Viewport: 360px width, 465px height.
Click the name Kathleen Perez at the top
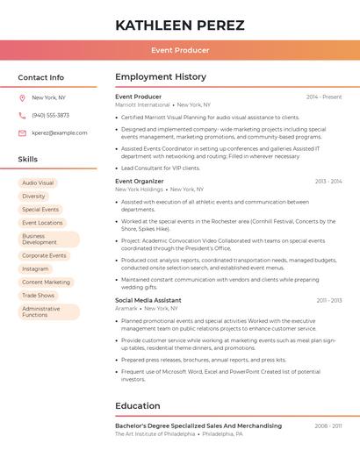click(x=180, y=25)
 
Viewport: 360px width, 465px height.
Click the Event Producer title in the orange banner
click(x=179, y=50)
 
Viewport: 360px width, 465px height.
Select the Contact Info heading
click(x=41, y=77)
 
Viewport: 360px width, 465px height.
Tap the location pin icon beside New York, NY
click(x=22, y=97)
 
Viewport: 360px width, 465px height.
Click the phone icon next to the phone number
click(x=22, y=115)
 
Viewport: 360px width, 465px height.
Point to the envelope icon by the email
click(x=22, y=133)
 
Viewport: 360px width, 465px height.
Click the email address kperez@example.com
click(x=60, y=133)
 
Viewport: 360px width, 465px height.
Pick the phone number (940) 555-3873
click(x=50, y=115)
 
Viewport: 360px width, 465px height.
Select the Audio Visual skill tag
click(x=38, y=183)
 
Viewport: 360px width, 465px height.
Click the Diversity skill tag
click(x=33, y=197)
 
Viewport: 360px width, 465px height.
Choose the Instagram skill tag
click(x=35, y=268)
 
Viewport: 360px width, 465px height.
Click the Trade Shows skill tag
click(x=38, y=296)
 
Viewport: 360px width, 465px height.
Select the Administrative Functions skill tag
click(x=41, y=311)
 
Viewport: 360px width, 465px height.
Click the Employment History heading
click(x=161, y=77)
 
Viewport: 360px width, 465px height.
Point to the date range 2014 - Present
click(x=324, y=97)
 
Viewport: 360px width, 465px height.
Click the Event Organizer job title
click(x=140, y=181)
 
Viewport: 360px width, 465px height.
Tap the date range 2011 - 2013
click(x=329, y=301)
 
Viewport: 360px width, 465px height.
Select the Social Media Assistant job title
click(x=148, y=300)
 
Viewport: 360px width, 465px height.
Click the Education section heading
click(x=139, y=406)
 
